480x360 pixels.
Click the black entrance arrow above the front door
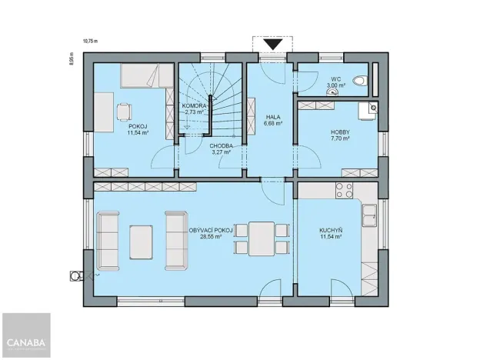(272, 45)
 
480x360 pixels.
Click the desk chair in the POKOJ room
(123, 112)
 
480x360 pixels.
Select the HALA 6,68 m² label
(272, 119)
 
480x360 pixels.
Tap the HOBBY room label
(340, 135)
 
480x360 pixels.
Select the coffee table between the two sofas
(142, 241)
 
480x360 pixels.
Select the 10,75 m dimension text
(91, 42)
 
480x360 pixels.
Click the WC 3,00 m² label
(336, 82)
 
